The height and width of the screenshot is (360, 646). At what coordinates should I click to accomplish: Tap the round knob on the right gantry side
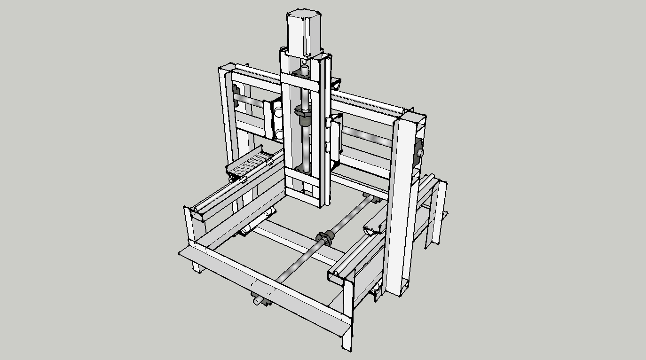point(418,153)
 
